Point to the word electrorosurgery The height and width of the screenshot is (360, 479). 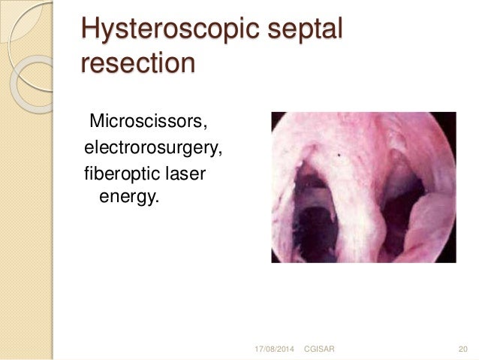pos(153,148)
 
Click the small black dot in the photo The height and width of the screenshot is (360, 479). pos(340,156)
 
